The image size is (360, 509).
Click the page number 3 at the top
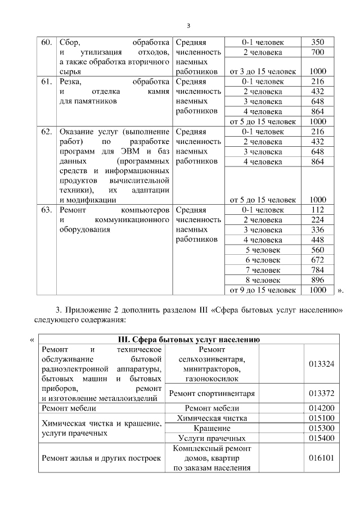[188, 25]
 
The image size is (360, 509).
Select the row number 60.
[47, 43]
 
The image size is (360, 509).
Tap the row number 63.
[47, 210]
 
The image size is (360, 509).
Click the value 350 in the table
[318, 43]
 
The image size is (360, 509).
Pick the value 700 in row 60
[318, 52]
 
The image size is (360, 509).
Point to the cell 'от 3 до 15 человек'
[263, 71]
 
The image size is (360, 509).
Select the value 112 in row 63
[318, 210]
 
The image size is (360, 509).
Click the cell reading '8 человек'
[263, 280]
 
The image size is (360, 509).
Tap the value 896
[318, 280]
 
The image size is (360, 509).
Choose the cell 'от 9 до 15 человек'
[263, 290]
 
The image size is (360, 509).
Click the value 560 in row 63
[318, 250]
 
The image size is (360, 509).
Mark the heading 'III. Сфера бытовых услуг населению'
[188, 340]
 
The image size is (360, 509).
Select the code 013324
[321, 364]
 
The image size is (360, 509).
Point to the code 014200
[321, 408]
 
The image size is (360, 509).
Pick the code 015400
[321, 438]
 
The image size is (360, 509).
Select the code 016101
[321, 458]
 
